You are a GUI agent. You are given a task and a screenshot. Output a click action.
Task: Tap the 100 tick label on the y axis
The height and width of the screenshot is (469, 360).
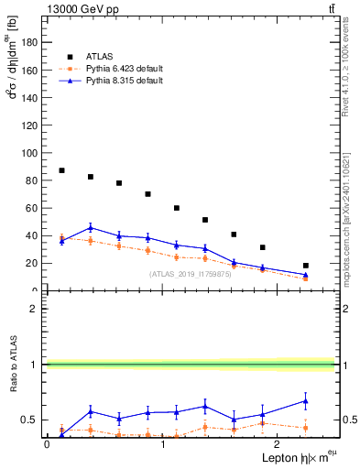31,153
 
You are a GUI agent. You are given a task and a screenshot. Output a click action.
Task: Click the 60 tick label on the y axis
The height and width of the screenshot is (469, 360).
34,208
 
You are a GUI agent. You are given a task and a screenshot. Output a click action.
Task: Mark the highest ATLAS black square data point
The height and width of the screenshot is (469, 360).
61,170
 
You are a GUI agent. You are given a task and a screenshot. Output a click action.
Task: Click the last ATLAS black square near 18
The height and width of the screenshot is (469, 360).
306,266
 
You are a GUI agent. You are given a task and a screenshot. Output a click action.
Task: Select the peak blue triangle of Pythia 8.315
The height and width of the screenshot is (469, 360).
91,228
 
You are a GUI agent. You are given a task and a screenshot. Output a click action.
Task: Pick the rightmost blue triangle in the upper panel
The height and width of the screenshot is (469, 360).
306,274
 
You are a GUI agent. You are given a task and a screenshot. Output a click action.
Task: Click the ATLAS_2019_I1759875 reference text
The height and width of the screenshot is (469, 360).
190,274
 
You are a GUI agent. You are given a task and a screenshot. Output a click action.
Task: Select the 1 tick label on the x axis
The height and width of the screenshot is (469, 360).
162,444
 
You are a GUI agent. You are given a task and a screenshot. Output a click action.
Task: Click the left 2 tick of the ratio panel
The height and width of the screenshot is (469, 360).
38,309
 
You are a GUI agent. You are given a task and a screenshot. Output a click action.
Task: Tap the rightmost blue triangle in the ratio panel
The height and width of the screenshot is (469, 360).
306,400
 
